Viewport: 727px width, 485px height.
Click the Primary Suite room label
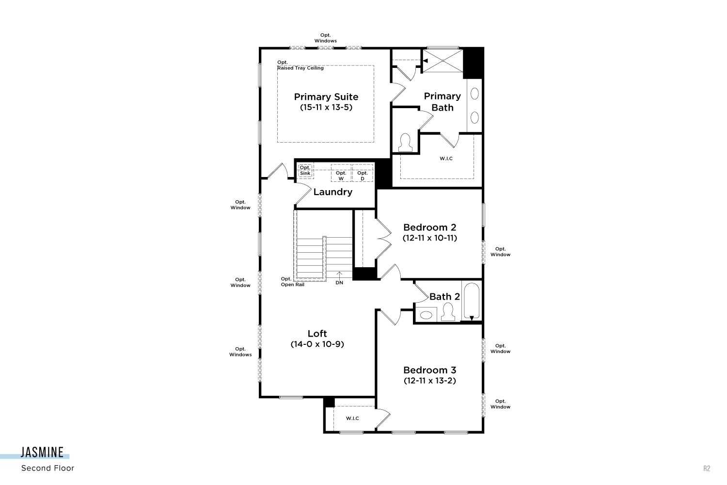326,97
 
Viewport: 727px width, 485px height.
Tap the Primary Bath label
443,102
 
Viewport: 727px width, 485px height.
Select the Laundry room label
332,192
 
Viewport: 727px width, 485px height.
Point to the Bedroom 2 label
430,227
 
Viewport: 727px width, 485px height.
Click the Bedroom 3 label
430,370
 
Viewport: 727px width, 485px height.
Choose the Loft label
317,334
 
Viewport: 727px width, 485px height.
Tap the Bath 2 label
444,297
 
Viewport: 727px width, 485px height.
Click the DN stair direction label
339,283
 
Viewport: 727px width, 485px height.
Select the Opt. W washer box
341,173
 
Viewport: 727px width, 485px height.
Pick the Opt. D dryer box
363,173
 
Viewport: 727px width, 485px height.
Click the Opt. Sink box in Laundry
305,171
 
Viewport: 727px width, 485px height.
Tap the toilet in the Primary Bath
405,143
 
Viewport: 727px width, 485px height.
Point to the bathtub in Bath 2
472,301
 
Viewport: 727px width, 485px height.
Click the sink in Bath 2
426,315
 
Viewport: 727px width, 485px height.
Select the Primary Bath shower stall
443,61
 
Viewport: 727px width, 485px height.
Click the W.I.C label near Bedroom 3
352,419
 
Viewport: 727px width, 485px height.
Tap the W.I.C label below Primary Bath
446,159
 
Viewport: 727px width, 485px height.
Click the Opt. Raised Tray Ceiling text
300,65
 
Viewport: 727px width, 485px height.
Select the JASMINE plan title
42,453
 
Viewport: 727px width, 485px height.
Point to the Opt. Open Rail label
292,282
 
